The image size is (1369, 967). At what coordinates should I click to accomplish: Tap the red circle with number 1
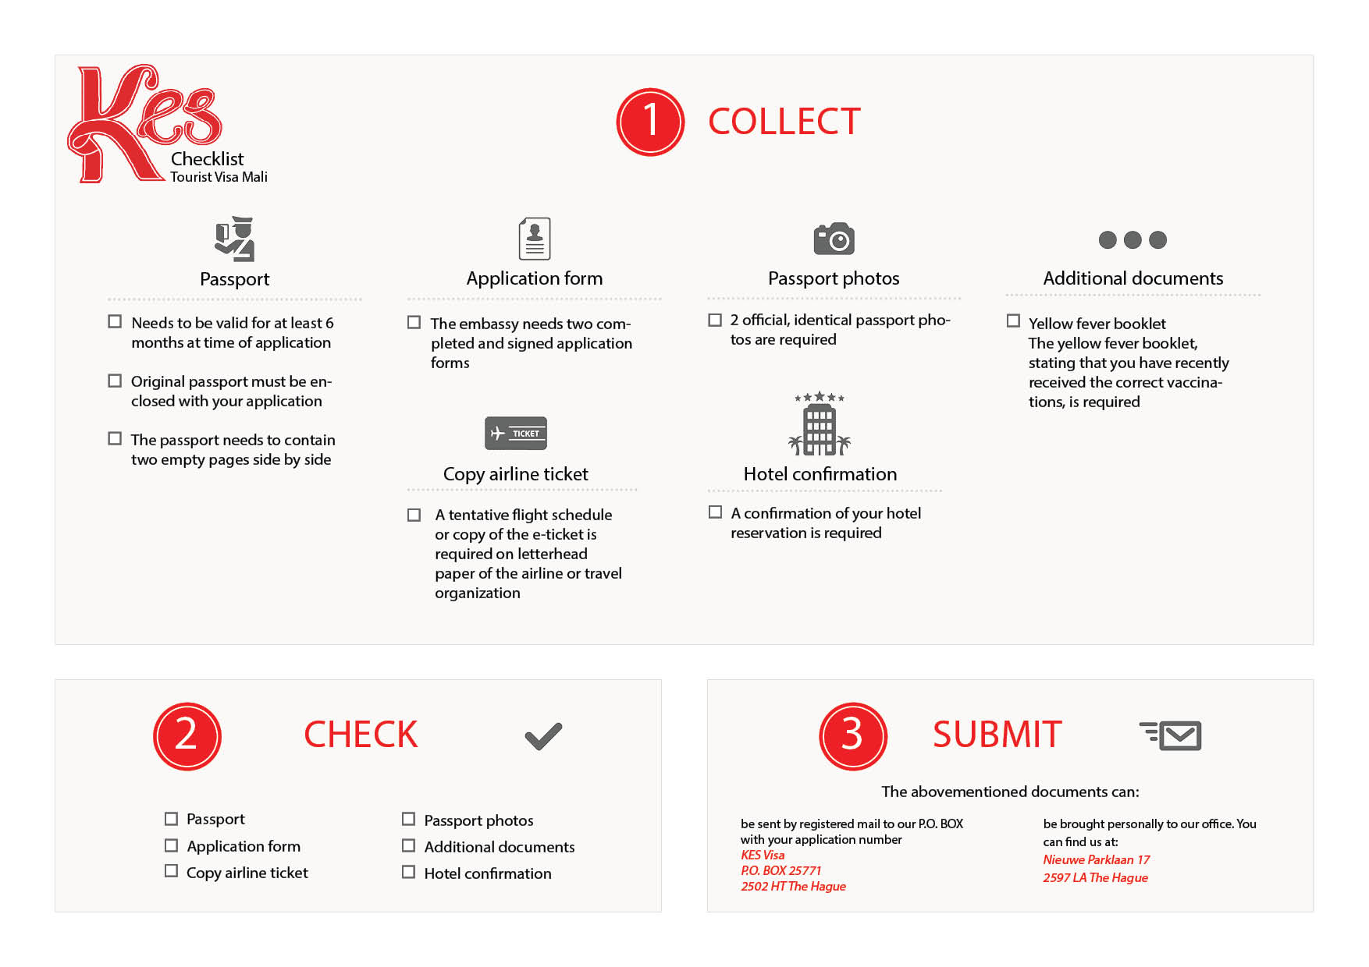650,122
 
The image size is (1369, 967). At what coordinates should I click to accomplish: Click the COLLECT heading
784,122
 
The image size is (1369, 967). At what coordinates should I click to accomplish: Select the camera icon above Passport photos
834,239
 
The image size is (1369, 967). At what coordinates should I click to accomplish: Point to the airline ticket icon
515,433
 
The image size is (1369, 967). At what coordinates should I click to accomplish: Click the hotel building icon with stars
820,424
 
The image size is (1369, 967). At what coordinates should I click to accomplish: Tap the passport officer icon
235,239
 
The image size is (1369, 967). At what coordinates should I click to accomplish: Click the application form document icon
535,239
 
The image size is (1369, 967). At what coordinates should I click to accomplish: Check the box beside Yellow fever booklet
1013,321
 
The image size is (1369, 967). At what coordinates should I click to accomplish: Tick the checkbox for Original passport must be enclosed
115,381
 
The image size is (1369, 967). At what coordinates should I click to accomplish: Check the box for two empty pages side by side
115,438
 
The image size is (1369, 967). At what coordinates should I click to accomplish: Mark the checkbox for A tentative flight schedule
414,515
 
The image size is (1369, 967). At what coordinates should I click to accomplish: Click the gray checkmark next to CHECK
543,736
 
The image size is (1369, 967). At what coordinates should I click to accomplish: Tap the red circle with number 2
187,736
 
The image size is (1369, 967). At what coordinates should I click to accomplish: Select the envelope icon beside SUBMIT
1171,735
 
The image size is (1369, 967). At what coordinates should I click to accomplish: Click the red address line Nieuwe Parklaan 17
1096,859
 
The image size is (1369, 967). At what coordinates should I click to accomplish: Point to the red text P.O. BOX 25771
781,870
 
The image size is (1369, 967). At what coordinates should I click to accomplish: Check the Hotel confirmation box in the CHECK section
408,872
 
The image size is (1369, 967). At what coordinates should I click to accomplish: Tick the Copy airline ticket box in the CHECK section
171,870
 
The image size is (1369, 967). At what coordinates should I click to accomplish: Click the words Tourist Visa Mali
219,177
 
